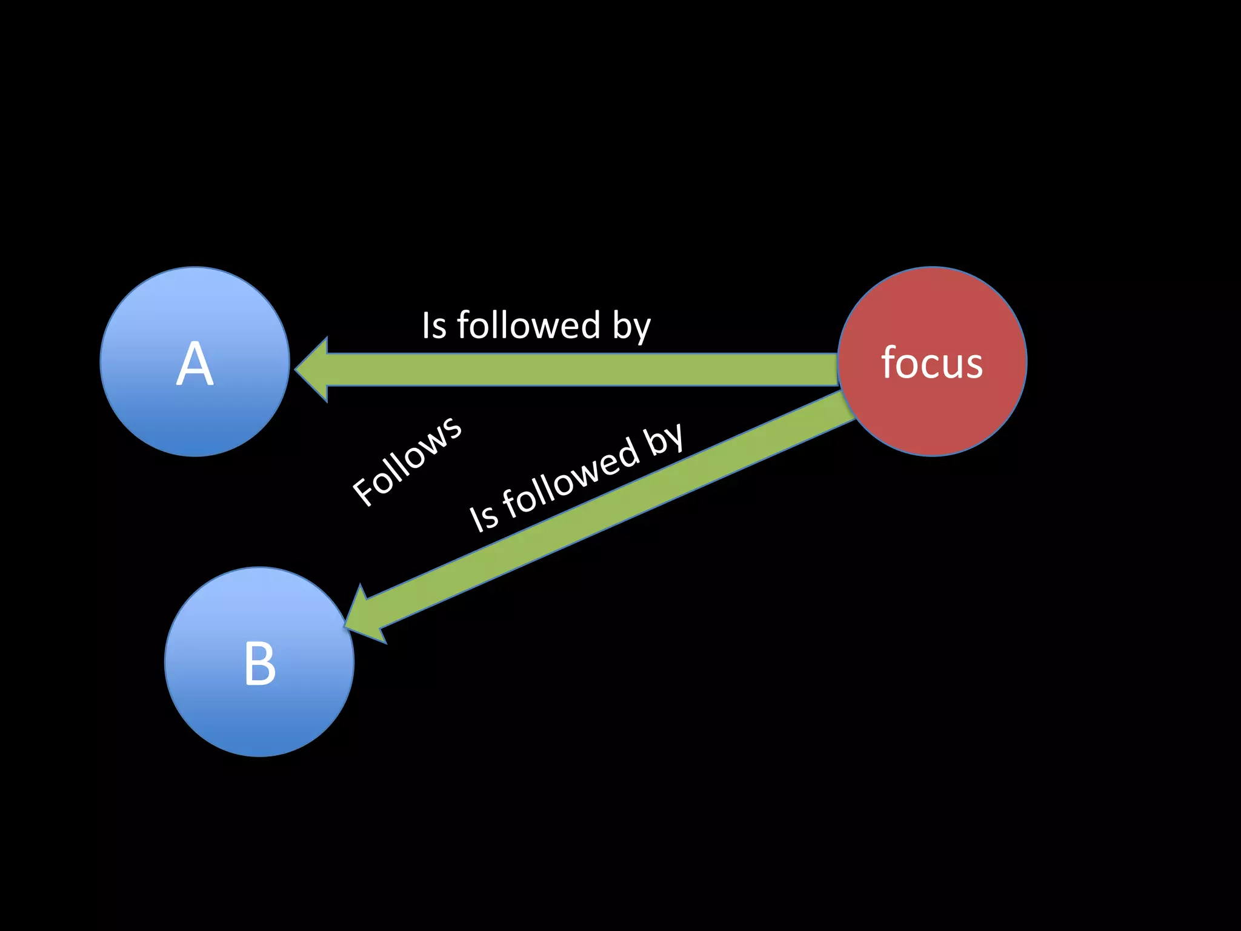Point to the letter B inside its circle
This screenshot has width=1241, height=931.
tap(259, 664)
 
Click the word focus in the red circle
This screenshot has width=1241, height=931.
tap(931, 363)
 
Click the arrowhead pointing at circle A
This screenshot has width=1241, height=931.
tap(313, 369)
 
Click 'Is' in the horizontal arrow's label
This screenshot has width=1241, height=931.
tap(434, 326)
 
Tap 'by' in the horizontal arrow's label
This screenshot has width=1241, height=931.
tap(631, 327)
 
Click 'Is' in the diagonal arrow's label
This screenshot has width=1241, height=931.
tap(484, 517)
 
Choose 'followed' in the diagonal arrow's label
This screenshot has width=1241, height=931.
tap(570, 479)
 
